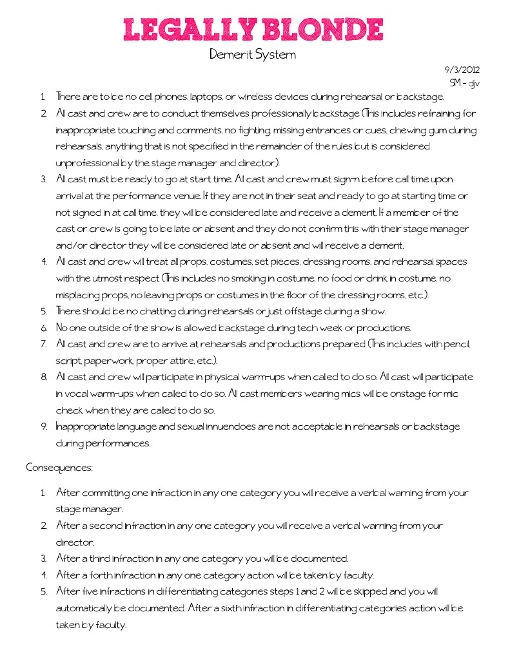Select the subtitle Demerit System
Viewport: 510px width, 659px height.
(253, 55)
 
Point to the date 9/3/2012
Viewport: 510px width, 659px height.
(462, 70)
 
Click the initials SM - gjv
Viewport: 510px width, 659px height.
(464, 83)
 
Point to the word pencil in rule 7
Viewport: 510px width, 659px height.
(456, 344)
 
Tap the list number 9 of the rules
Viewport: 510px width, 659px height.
(44, 426)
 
